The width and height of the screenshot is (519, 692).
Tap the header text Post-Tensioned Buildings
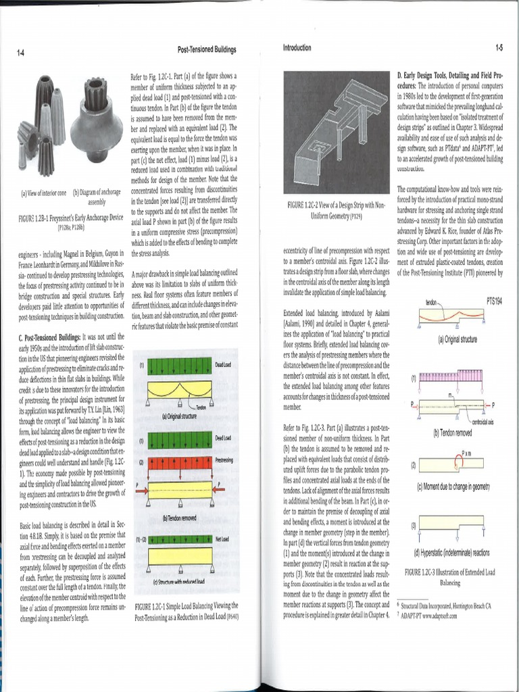pos(206,50)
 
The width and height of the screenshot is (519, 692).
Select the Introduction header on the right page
pos(297,48)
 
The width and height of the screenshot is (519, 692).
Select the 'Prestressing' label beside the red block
pos(224,460)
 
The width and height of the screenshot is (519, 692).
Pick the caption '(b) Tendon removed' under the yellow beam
pos(179,518)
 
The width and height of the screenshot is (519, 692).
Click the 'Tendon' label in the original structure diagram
pos(201,407)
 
